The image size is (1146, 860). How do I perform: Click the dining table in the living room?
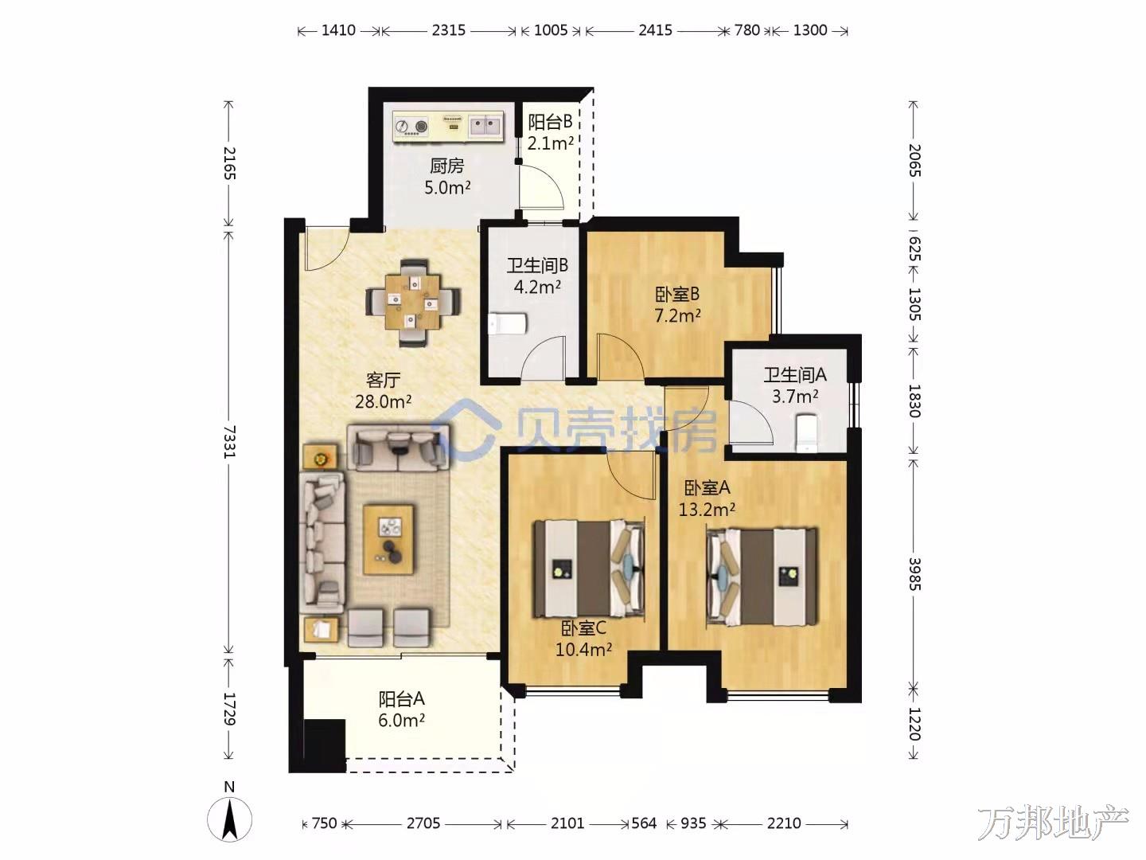[x=413, y=303]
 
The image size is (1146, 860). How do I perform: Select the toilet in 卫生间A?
[x=805, y=432]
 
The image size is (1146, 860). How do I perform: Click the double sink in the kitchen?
[x=486, y=126]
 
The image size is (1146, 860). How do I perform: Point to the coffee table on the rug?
[x=388, y=539]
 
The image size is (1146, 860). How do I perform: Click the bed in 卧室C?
[x=589, y=569]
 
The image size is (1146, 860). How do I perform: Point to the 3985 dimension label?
[x=914, y=574]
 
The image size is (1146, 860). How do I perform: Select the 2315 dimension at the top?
[x=449, y=30]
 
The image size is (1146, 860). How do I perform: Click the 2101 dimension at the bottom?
[x=567, y=823]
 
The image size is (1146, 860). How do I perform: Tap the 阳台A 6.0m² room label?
[x=401, y=709]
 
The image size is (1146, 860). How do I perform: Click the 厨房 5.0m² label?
[x=447, y=177]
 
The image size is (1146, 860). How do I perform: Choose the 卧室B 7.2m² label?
[x=678, y=305]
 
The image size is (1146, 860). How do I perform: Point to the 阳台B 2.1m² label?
[x=550, y=133]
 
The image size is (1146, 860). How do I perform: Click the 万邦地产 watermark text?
[x=1053, y=823]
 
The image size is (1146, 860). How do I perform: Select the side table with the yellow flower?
[x=321, y=458]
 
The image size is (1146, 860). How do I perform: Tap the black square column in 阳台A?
[x=324, y=745]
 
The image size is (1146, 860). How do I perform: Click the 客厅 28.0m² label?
[x=383, y=390]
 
